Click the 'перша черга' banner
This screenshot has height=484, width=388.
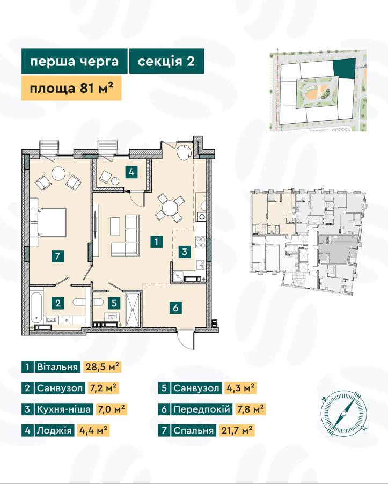[75, 61]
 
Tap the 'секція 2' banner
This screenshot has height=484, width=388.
[166, 61]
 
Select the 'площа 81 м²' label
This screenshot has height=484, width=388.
[71, 89]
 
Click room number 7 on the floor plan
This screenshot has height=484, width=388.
[58, 256]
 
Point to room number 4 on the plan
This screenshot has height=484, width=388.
[131, 172]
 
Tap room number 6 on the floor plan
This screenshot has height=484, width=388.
[175, 308]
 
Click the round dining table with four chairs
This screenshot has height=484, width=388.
[169, 208]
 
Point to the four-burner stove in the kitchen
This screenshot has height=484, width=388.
[201, 243]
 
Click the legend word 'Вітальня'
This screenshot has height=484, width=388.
[57, 367]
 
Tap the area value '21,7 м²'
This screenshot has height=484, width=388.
[237, 430]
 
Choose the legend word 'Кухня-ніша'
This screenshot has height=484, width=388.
[64, 409]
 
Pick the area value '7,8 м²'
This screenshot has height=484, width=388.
[250, 409]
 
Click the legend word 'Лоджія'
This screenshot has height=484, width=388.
[54, 430]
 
